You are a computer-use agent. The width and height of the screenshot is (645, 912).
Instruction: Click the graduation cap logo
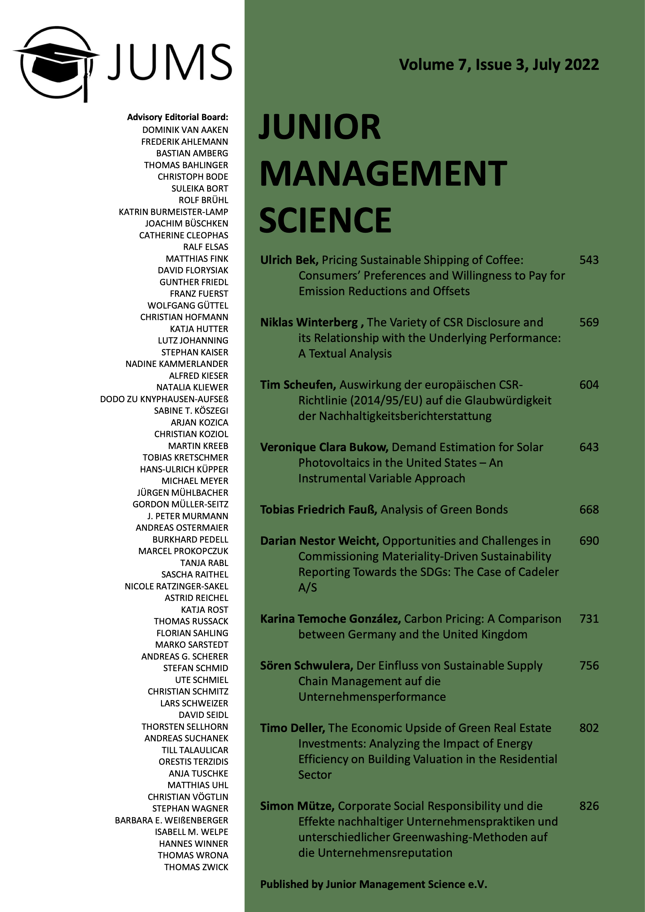pyautogui.click(x=56, y=64)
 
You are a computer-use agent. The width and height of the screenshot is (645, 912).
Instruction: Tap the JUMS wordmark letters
pyautogui.click(x=169, y=62)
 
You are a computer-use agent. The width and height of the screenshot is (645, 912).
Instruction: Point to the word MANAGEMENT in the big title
pyautogui.click(x=383, y=173)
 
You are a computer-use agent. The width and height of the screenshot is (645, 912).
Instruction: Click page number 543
pyautogui.click(x=589, y=260)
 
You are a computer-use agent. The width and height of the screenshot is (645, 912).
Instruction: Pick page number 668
pyautogui.click(x=589, y=510)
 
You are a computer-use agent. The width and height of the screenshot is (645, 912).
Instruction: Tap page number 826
pyautogui.click(x=589, y=806)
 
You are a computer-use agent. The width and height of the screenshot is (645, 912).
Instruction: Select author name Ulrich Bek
pyautogui.click(x=289, y=260)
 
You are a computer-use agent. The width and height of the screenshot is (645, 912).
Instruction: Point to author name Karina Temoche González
pyautogui.click(x=330, y=619)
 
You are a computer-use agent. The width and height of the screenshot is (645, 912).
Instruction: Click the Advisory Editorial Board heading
pyautogui.click(x=178, y=117)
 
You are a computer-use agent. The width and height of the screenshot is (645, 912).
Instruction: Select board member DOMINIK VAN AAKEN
pyautogui.click(x=185, y=130)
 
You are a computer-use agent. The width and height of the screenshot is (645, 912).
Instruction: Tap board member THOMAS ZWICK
pyautogui.click(x=196, y=867)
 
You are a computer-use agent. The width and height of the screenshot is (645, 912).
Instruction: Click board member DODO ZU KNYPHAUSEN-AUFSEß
pyautogui.click(x=164, y=399)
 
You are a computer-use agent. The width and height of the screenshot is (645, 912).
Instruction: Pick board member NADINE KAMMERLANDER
pyautogui.click(x=177, y=364)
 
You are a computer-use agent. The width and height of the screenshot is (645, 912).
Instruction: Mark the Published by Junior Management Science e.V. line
pyautogui.click(x=373, y=884)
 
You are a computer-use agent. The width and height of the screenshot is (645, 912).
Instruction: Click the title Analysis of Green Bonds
pyautogui.click(x=444, y=510)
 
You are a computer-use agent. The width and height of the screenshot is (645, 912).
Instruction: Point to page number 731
pyautogui.click(x=589, y=619)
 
